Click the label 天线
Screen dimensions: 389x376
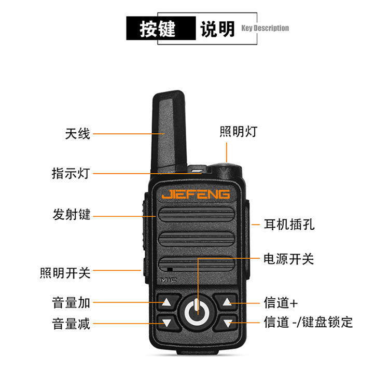pos(77,134)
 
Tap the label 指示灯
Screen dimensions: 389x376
pos(71,173)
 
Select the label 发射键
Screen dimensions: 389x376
pos(72,214)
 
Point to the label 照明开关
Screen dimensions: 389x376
pos(65,273)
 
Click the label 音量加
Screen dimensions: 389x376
pos(71,302)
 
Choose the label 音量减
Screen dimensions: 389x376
pos(71,324)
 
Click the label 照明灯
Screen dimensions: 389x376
pos(239,131)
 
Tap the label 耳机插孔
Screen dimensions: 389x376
pos(289,225)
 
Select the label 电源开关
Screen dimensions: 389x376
pos(289,259)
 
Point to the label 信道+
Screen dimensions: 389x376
pos(281,303)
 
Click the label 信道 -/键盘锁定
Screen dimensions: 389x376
pos(308,322)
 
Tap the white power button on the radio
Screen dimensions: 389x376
pos(197,313)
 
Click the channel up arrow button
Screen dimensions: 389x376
pos(226,302)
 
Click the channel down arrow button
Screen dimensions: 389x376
pos(226,323)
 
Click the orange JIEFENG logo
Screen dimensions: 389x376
pos(196,194)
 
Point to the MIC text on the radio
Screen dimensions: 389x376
pos(169,280)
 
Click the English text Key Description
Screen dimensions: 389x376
pos(265,28)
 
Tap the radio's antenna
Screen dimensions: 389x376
pos(169,131)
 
